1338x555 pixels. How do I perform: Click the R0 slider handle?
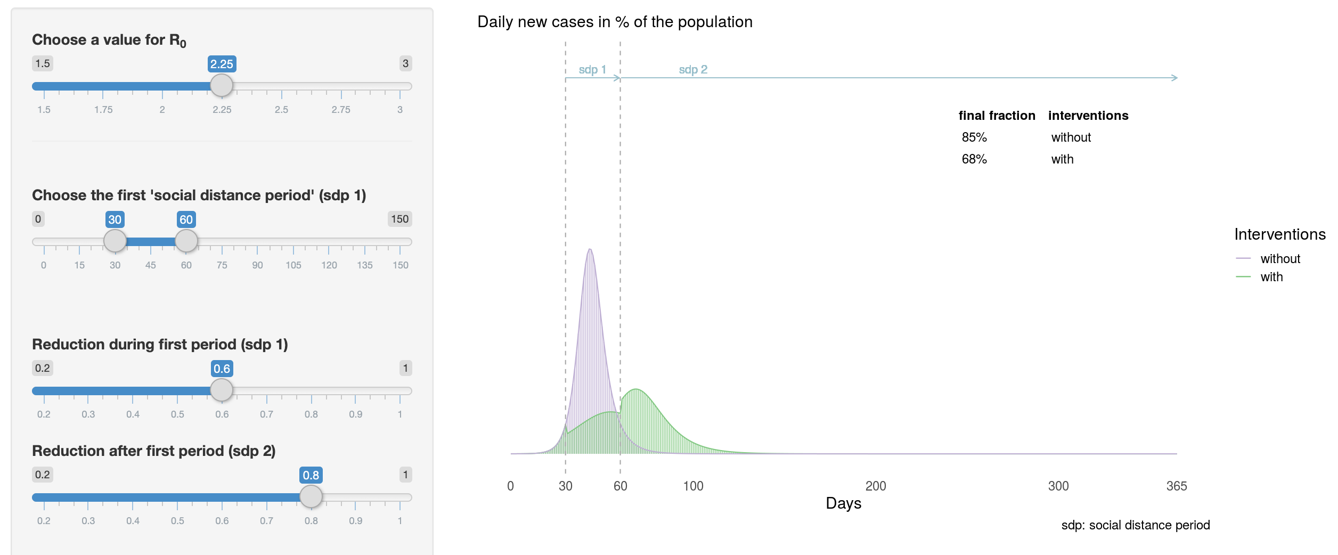(222, 85)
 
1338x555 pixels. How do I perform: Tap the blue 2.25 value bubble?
(222, 64)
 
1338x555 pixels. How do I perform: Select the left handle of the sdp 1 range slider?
(115, 241)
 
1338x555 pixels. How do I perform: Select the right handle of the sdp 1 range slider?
(186, 241)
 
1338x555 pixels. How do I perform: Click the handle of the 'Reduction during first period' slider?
(222, 390)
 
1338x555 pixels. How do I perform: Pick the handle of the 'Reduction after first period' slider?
(311, 496)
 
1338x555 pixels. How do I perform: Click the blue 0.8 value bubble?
(311, 475)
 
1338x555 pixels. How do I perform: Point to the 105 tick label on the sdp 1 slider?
(293, 265)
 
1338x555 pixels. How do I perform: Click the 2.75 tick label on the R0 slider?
(341, 110)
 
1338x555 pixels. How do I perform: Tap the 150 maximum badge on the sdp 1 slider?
(399, 219)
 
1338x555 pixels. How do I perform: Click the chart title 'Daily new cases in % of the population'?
(615, 22)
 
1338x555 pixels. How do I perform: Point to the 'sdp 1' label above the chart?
(592, 70)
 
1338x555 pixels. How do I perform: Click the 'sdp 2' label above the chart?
(693, 70)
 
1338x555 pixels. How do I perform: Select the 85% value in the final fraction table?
(974, 137)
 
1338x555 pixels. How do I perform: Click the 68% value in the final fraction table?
(974, 159)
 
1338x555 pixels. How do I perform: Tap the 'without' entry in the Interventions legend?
(1280, 259)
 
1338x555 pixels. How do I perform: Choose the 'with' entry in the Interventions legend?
(1271, 277)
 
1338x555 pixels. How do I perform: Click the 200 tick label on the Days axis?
(876, 486)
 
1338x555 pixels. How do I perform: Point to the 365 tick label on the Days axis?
(1177, 486)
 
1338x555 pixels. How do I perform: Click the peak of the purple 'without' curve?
(590, 250)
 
